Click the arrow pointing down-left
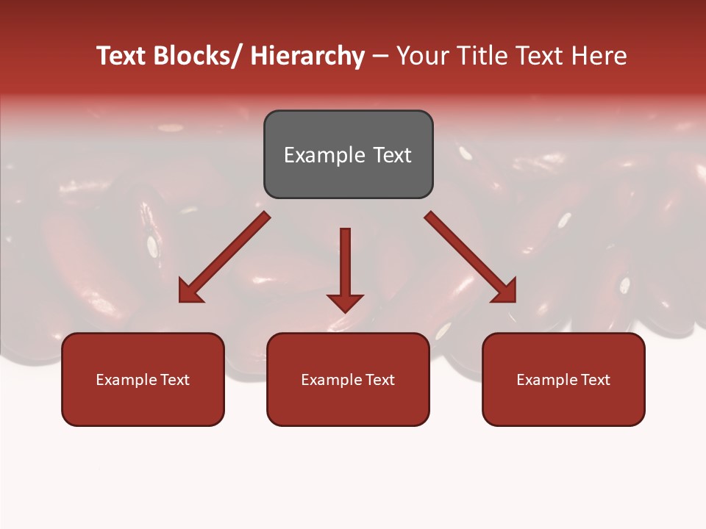[224, 257]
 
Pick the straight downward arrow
[345, 268]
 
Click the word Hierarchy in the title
[307, 56]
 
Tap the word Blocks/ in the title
[197, 56]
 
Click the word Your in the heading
[421, 56]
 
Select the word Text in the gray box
[391, 155]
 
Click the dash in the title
[380, 56]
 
